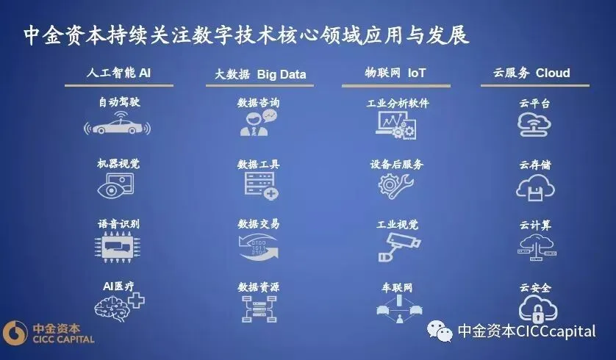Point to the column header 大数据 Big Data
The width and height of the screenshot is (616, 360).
pyautogui.click(x=260, y=74)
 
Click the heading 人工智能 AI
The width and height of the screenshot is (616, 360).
pyautogui.click(x=118, y=73)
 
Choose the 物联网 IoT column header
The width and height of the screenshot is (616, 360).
pyautogui.click(x=395, y=73)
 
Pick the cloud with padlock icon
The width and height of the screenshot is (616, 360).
pyautogui.click(x=534, y=309)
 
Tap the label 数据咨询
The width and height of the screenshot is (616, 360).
pyautogui.click(x=258, y=104)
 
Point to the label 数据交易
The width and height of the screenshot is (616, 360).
pyautogui.click(x=258, y=224)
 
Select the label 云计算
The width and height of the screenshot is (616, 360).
pyautogui.click(x=534, y=226)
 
